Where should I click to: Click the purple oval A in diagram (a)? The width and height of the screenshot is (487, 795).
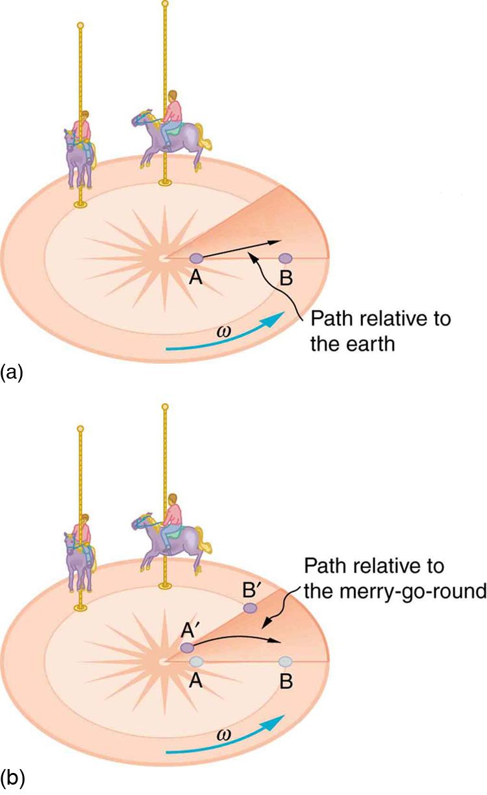(x=197, y=258)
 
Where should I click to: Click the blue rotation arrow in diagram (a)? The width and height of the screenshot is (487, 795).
(x=227, y=335)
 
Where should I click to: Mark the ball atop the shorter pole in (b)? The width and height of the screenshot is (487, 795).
(x=81, y=429)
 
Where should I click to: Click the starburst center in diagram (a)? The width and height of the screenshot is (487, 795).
(x=162, y=259)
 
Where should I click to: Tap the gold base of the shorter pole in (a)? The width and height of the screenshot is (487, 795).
(x=81, y=204)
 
